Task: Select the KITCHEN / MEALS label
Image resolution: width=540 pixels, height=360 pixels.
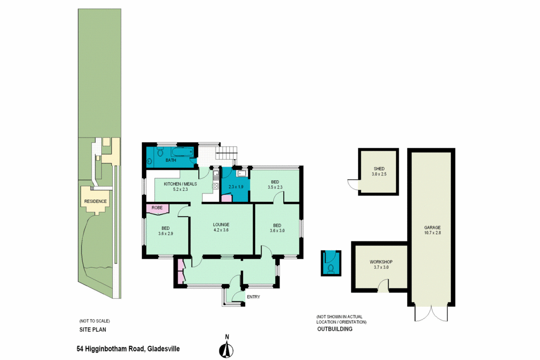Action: point(180,184)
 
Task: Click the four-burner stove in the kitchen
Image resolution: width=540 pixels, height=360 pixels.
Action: point(216,185)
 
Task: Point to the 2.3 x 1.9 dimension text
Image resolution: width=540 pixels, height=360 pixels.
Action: point(236,187)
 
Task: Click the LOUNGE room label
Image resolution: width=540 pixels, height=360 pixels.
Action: point(221,225)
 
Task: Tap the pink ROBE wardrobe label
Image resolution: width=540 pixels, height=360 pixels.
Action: point(157,208)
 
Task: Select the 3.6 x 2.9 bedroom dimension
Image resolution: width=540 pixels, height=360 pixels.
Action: point(166,233)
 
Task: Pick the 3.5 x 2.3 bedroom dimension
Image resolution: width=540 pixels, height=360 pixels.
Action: point(275,187)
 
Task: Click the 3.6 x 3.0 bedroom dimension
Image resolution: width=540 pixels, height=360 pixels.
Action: point(277,230)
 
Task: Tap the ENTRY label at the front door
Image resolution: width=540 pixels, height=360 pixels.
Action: point(253,297)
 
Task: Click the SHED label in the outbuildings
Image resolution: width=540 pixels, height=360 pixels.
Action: point(379,169)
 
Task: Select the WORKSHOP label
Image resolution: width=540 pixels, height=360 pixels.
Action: point(381,262)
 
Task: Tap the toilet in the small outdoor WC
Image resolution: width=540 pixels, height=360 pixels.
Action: point(331,268)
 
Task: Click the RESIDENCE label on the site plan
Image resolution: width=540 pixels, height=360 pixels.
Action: point(95,201)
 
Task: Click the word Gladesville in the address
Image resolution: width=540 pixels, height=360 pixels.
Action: point(164,349)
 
